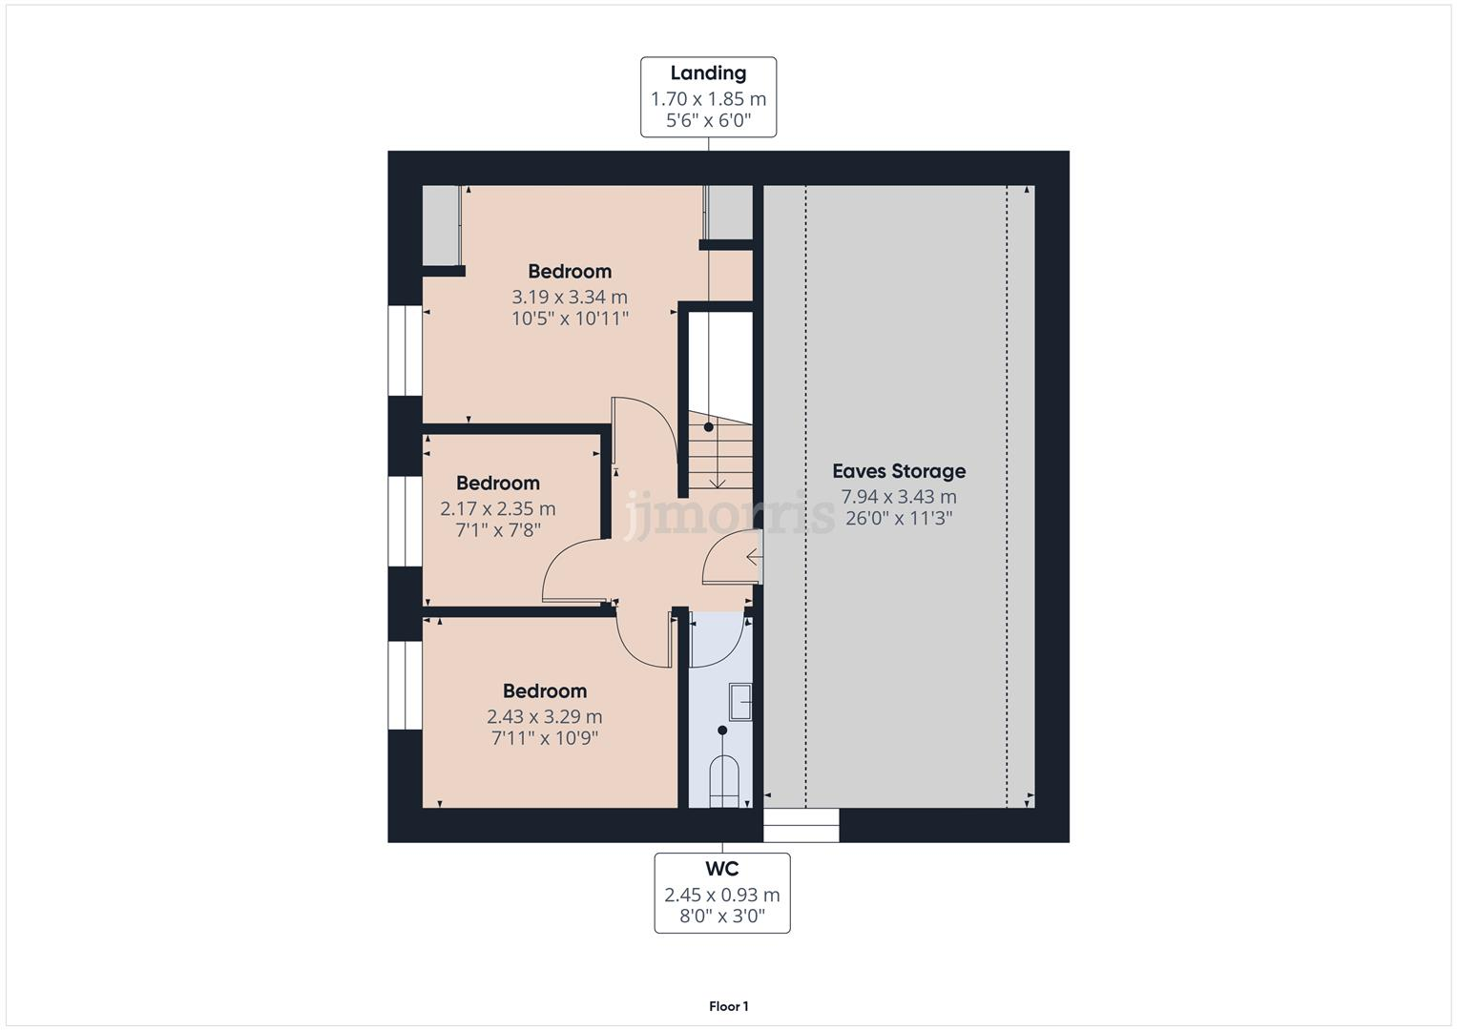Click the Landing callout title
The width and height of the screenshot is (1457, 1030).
click(x=708, y=73)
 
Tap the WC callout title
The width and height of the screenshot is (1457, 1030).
click(x=721, y=869)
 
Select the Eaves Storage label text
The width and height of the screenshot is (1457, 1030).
click(x=898, y=471)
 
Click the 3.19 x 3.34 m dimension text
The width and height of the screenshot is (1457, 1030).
click(x=570, y=297)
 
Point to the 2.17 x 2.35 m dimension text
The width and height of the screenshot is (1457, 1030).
click(x=497, y=509)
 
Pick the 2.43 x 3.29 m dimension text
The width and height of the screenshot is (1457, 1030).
click(x=544, y=716)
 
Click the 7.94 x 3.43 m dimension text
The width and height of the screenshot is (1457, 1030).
click(x=898, y=497)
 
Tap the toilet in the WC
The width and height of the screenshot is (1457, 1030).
click(x=724, y=781)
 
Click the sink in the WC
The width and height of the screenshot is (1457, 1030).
click(x=740, y=702)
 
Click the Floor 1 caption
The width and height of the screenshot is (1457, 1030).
click(x=728, y=1006)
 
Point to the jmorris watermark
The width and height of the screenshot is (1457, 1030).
click(x=729, y=516)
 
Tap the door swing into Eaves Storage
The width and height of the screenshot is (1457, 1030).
click(x=731, y=559)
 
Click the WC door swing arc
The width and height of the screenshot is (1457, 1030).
click(x=716, y=639)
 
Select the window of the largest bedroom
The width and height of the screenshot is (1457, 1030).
click(x=405, y=350)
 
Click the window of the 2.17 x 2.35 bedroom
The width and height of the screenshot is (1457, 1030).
click(x=405, y=521)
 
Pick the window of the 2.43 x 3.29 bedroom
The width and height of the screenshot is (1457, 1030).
click(x=405, y=685)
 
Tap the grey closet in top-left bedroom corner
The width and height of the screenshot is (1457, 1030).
click(x=442, y=225)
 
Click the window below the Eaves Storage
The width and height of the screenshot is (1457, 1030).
click(x=801, y=825)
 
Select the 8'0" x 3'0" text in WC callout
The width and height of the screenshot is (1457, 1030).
click(x=721, y=917)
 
